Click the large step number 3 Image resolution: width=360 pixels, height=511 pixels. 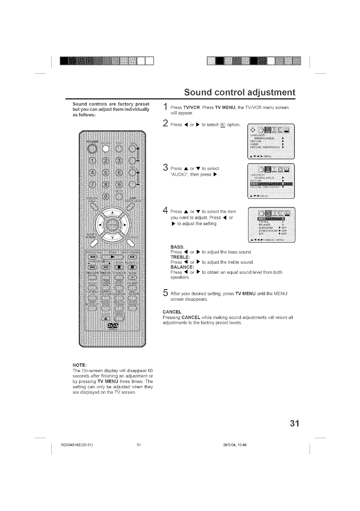point(165,167)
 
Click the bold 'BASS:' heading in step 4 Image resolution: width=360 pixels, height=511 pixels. point(177,247)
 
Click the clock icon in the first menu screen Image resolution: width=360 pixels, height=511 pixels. point(261,130)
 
